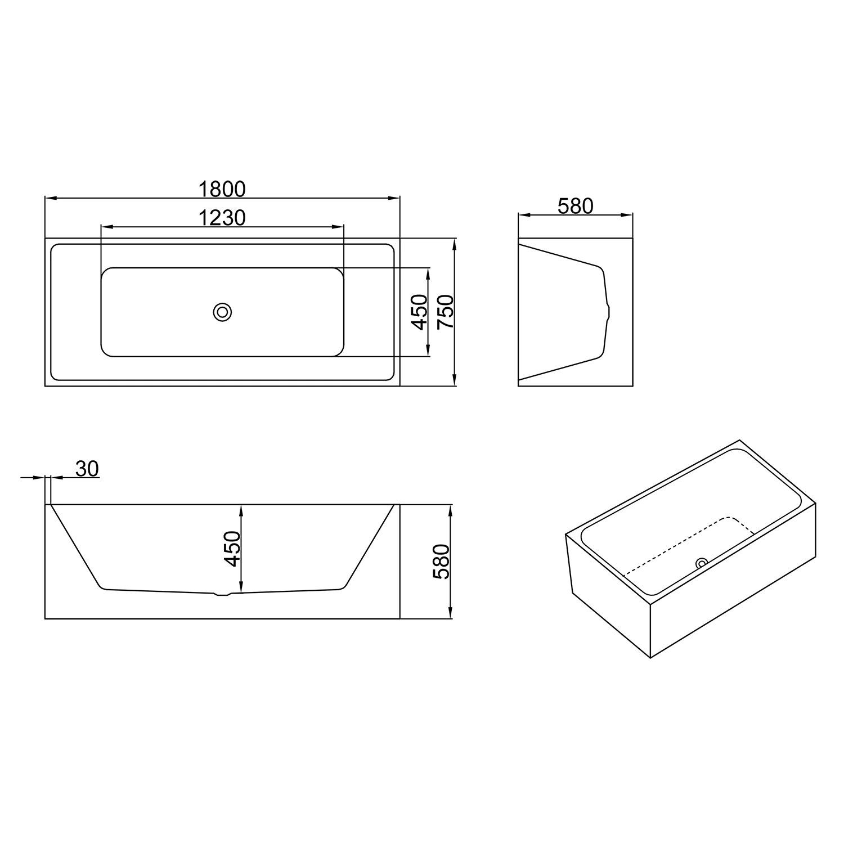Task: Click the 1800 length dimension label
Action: tap(222, 190)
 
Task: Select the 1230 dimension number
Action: tap(222, 218)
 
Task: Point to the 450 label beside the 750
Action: tap(419, 312)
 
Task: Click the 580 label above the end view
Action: tap(576, 206)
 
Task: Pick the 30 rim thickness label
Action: tap(87, 468)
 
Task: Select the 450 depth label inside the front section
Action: tap(232, 549)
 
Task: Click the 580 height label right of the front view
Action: tap(442, 562)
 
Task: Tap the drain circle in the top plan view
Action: tap(223, 312)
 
